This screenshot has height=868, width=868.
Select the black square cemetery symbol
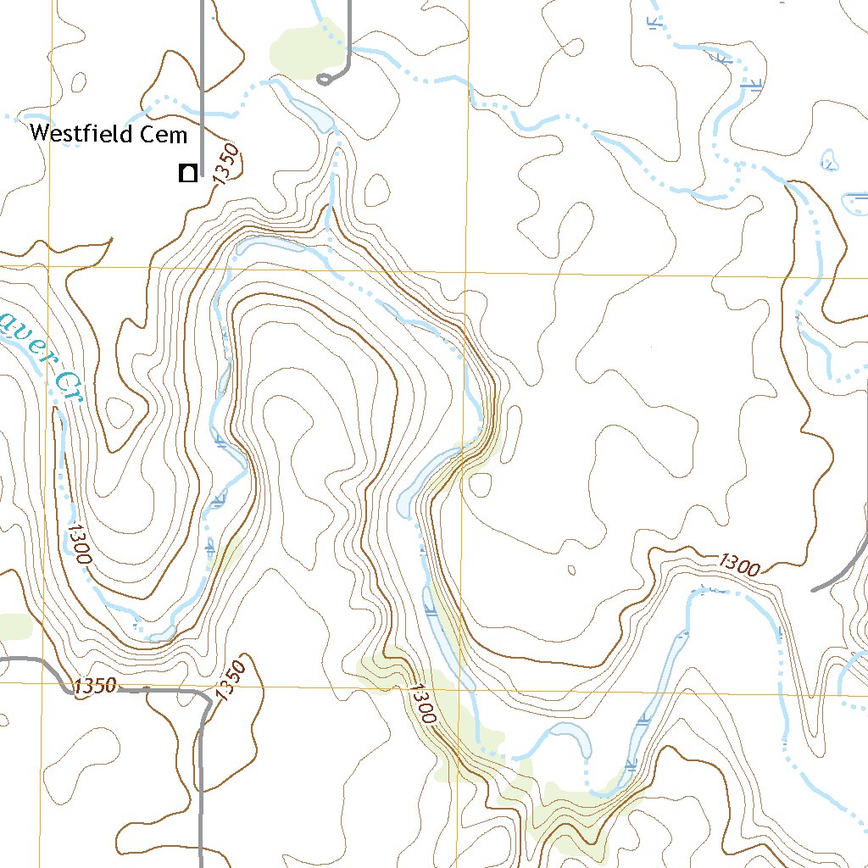coord(187,174)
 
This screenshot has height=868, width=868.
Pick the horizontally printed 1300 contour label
coord(738,564)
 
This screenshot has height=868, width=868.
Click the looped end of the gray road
coord(324,80)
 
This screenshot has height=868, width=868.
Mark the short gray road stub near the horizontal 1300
coord(835,577)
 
